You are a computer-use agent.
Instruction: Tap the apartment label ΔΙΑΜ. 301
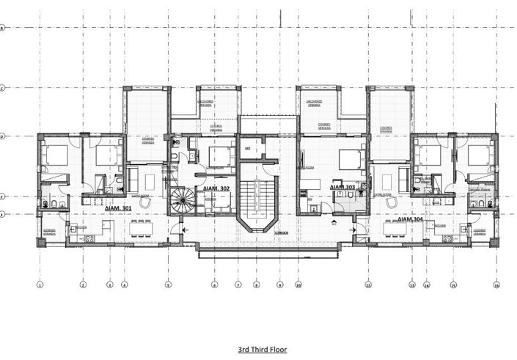click(119, 208)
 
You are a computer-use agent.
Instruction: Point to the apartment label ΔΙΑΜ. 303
click(342, 188)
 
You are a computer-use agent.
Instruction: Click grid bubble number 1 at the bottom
click(40, 284)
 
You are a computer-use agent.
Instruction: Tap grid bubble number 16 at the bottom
click(496, 284)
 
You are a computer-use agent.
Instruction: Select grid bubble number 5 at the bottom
click(169, 284)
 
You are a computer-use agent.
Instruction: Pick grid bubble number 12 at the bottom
click(367, 284)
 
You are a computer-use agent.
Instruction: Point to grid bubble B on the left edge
click(3, 28)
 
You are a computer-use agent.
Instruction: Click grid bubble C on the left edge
click(3, 88)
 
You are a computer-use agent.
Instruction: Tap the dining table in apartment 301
click(142, 228)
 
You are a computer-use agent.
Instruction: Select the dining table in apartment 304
click(397, 228)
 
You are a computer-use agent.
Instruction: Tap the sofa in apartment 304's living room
click(404, 179)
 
